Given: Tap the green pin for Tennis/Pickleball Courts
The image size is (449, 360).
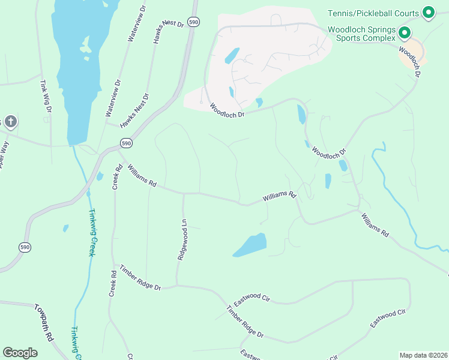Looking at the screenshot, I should point(428,12).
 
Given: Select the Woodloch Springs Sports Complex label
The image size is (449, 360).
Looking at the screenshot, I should point(361,34).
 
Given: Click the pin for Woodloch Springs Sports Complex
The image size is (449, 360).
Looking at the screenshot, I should point(404,33).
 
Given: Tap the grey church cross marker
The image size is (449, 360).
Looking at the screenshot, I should point(10,122).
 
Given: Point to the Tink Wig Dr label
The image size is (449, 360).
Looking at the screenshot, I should point(44,97).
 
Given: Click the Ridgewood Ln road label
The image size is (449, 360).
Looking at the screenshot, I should point(182,239).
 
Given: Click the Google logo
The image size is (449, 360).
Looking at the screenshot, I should point(20,353).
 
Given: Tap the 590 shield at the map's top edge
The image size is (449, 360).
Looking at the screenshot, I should point(193,22).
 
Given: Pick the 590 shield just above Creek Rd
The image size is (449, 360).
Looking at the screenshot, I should point(126,143).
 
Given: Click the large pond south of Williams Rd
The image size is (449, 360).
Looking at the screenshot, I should point(250,245).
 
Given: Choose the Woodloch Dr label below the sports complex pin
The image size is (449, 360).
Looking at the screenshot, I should point(410,61).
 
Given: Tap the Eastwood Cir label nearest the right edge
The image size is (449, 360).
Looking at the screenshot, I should point(388,317).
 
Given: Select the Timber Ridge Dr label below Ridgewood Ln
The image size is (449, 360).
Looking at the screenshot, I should point(140,277).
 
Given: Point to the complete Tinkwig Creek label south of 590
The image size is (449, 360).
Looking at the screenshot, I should point(92,232).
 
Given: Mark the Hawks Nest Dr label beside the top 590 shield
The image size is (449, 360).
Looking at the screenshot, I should point(168,22).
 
